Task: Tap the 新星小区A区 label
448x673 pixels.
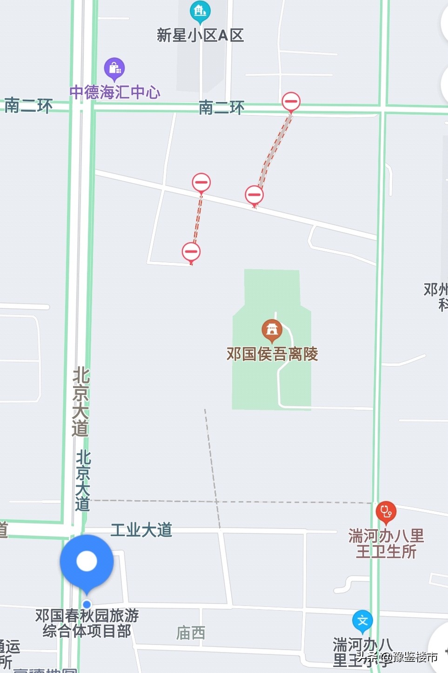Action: click(200, 35)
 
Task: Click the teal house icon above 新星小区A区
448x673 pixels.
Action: click(200, 11)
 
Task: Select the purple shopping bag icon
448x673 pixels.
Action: click(114, 68)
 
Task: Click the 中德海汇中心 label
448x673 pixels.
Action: click(115, 92)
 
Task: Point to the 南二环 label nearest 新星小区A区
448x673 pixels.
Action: click(221, 108)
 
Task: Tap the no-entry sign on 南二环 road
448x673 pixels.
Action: click(291, 101)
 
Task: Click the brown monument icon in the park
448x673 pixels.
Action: click(272, 329)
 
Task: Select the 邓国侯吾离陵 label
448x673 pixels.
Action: click(272, 354)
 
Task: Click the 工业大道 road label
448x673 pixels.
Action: click(141, 530)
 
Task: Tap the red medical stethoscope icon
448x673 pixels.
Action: click(386, 512)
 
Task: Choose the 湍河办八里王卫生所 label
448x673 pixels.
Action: click(386, 544)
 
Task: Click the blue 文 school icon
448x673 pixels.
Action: click(362, 621)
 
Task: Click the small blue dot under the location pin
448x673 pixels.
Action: click(87, 605)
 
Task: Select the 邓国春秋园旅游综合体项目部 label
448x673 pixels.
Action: click(87, 623)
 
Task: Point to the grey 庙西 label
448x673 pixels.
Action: click(191, 632)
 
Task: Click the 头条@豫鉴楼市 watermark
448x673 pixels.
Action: click(397, 657)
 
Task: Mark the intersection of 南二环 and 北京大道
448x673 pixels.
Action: click(82, 107)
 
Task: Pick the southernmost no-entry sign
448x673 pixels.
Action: click(191, 252)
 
